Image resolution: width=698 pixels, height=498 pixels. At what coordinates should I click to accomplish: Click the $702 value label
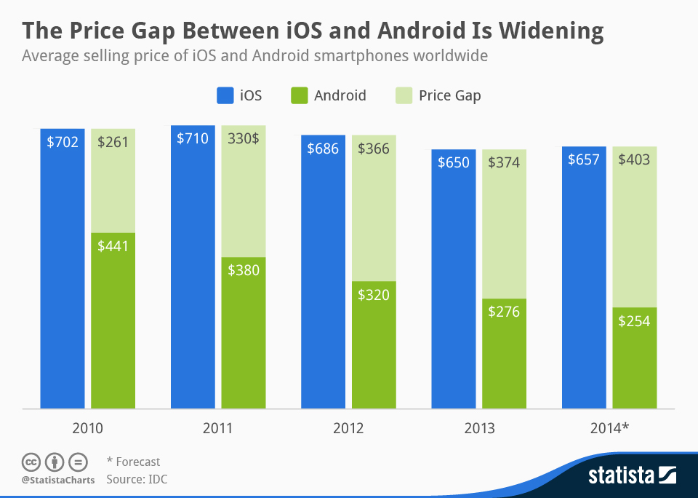point(63,142)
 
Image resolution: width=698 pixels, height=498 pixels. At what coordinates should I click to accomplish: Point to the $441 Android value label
point(113,246)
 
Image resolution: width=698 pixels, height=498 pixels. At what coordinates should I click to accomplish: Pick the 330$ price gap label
point(244,138)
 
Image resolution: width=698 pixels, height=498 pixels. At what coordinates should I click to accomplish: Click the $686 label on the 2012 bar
point(323,149)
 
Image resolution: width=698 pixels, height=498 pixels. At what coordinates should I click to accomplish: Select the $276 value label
point(504,312)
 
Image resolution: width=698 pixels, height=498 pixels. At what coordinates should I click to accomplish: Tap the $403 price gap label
point(634,159)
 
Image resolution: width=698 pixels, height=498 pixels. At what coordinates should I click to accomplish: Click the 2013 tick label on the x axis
point(479,428)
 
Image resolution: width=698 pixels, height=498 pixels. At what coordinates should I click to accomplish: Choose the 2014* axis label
point(609,428)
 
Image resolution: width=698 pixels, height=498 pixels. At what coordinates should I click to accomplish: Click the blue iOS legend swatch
point(224,95)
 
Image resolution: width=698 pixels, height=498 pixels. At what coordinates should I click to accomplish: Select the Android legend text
point(340,95)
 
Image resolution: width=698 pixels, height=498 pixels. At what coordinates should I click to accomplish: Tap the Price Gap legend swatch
point(403,95)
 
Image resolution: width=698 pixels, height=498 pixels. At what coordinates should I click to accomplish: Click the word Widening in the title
point(535,31)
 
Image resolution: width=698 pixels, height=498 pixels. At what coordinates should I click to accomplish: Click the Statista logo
point(631,476)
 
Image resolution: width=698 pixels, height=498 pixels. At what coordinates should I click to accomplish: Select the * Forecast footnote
point(133,462)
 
